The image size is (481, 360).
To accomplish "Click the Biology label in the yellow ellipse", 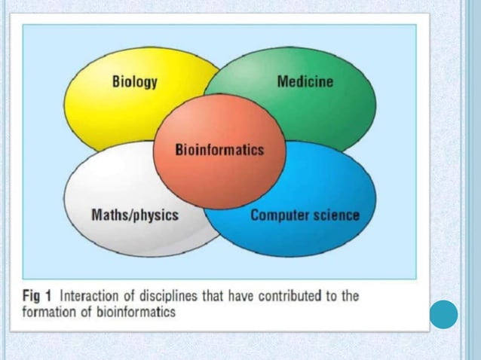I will (135, 82).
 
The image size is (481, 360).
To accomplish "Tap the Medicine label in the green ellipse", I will (305, 81).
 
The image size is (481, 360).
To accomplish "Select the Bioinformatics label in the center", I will (219, 149).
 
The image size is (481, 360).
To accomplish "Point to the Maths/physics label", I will (134, 215).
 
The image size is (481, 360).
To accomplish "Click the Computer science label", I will (305, 215).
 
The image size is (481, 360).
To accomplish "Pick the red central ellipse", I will (219, 177).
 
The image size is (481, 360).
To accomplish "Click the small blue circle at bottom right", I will (444, 315).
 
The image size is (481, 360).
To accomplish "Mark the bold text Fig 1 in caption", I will (37, 296).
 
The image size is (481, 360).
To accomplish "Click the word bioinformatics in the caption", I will (132, 311).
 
